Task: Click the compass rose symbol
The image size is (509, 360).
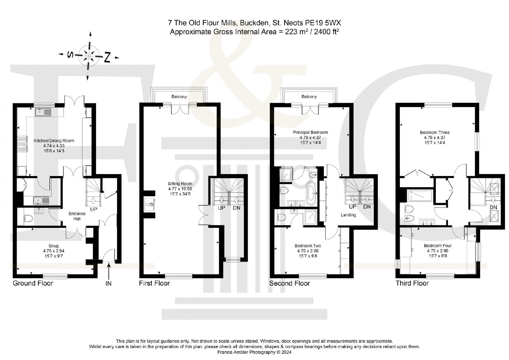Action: [x=89, y=56]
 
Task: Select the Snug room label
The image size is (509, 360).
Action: [x=54, y=246]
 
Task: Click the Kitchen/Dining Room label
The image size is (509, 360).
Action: [x=54, y=141]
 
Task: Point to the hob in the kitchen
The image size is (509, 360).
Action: [x=23, y=144]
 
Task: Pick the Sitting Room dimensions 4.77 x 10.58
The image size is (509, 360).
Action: [x=180, y=189]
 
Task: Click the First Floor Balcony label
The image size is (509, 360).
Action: [x=179, y=97]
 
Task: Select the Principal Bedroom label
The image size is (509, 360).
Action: [x=310, y=132]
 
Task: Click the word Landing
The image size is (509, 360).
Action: [x=348, y=215]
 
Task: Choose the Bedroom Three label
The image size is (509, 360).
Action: [x=435, y=132]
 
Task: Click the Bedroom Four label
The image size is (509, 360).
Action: [x=438, y=246]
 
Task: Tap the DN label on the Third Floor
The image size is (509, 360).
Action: [x=493, y=208]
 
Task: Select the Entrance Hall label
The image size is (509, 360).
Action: [x=77, y=216]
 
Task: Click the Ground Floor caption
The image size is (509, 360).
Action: [x=33, y=283]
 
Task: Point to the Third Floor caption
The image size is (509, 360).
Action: [x=412, y=283]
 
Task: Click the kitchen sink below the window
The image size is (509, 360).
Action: [x=43, y=112]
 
